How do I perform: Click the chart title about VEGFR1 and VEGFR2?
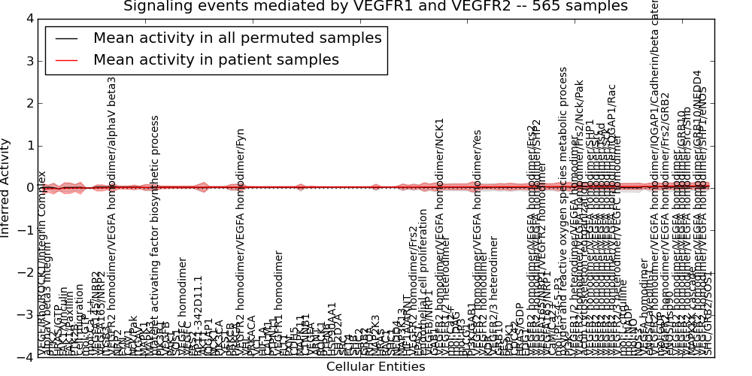coord(375,7)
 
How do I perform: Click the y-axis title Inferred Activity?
coord(6,187)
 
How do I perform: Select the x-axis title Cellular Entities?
coord(375,367)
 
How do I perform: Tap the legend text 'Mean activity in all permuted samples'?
coord(237,38)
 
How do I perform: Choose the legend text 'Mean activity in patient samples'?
coord(216,59)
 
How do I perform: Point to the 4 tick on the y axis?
coord(29,18)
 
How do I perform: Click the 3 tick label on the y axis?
coord(29,61)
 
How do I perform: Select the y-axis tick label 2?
coord(29,103)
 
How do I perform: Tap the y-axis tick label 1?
coord(29,145)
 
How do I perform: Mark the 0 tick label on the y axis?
coord(29,188)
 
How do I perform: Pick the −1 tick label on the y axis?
coord(26,230)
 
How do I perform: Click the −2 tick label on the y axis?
coord(26,273)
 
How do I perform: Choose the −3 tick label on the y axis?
coord(26,315)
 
